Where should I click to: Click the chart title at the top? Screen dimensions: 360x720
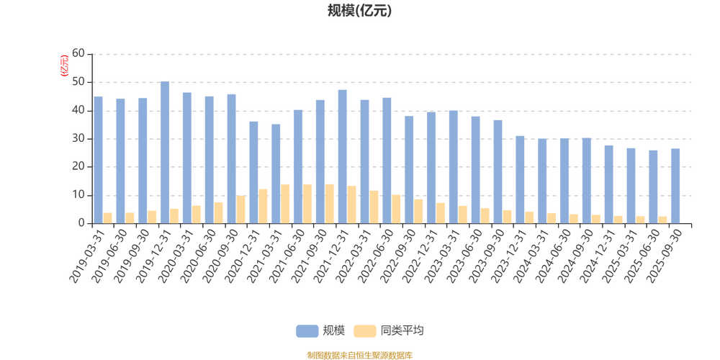[359, 11]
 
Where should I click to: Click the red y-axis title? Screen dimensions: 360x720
[64, 65]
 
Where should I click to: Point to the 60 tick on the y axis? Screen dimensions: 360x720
[79, 54]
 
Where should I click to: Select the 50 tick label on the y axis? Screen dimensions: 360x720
[79, 82]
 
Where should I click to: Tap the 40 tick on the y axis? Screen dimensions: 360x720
[79, 110]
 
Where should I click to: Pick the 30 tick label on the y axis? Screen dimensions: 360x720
[79, 138]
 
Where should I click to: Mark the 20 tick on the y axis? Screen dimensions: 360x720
[79, 167]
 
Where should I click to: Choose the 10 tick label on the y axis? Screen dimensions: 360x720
[79, 195]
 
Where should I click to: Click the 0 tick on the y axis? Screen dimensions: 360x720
[82, 223]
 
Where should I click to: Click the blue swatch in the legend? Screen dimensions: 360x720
[307, 330]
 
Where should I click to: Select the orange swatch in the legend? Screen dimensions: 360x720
[365, 330]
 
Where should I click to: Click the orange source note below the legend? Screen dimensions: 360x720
[359, 354]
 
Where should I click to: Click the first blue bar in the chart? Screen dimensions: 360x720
[99, 159]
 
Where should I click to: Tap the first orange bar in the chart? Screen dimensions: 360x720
[109, 217]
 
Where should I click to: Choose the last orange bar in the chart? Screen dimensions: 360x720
[664, 220]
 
